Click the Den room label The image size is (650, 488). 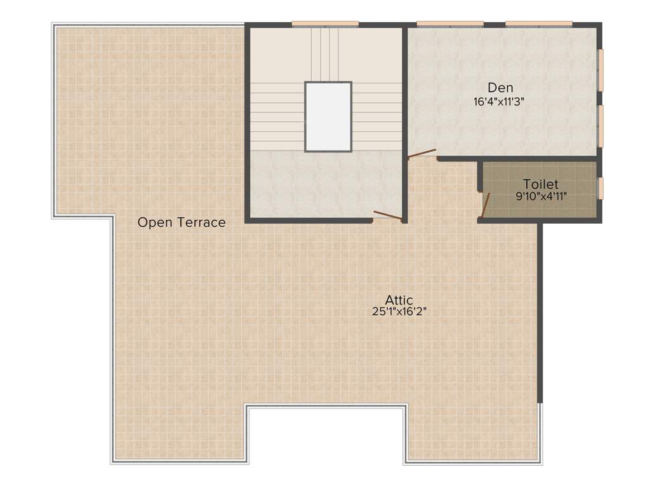click(500, 88)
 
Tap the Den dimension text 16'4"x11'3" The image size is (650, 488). click(499, 101)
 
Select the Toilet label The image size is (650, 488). click(541, 184)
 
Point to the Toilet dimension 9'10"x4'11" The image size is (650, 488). click(541, 196)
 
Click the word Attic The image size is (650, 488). click(399, 300)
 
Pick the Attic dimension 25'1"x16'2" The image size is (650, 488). click(399, 311)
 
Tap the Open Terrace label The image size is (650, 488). click(182, 222)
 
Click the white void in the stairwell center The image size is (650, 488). click(328, 116)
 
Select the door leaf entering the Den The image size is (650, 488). click(421, 153)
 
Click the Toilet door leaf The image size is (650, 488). click(486, 205)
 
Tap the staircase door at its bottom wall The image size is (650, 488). click(387, 215)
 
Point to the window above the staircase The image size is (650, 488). click(325, 24)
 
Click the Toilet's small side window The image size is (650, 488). click(600, 188)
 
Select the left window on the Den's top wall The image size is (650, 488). click(450, 24)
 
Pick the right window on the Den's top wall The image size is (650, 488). click(539, 24)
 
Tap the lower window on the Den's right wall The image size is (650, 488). click(600, 125)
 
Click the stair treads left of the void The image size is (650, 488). click(277, 118)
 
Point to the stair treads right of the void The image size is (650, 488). click(377, 118)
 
